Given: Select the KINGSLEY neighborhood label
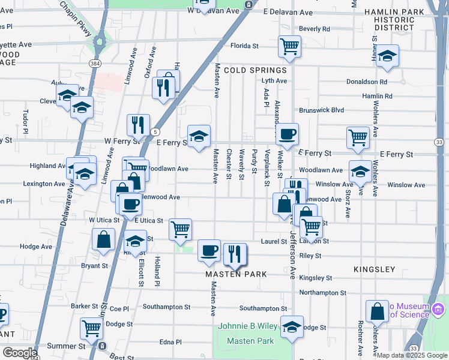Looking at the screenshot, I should click(x=374, y=269).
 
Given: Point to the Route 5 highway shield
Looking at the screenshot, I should click(x=155, y=131).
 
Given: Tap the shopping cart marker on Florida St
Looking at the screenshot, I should click(x=289, y=46).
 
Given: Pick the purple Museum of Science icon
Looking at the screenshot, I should click(x=438, y=310).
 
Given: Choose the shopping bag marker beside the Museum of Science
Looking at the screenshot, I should click(x=378, y=311).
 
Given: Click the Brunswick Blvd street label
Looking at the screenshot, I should click(x=321, y=110).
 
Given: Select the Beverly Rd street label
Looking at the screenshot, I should click(x=315, y=29).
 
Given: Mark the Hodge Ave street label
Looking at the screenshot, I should click(x=36, y=247).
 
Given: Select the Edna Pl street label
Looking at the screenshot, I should click(x=170, y=342).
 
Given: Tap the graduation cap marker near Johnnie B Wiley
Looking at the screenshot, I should click(x=292, y=326).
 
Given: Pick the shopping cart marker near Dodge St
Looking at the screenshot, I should click(x=91, y=328).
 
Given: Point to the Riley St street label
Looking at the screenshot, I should click(x=310, y=256).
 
